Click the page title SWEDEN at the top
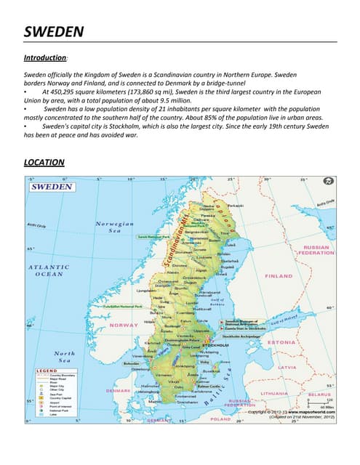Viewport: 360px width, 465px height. click(54, 31)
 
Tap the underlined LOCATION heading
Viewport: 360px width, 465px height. click(44, 162)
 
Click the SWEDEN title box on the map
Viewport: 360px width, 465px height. click(52, 187)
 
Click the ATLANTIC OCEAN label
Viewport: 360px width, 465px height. click(48, 270)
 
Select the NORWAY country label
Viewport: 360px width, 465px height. click(124, 325)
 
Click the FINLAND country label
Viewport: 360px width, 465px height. click(278, 276)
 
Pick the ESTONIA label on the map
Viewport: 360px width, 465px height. click(280, 341)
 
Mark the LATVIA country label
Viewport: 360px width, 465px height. click(287, 367)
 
